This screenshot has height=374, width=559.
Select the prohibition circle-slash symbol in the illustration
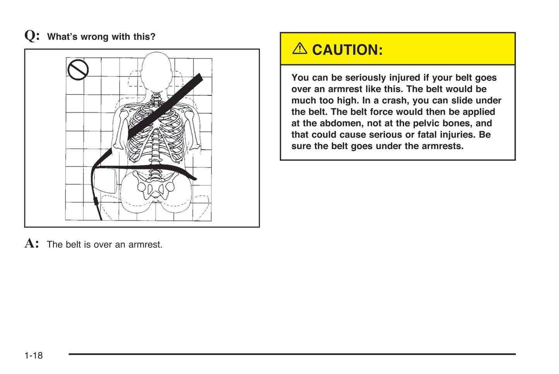tap(78, 70)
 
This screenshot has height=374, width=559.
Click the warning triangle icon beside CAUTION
tap(299, 49)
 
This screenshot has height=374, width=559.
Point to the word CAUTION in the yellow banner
tap(347, 50)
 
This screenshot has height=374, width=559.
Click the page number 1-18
tap(34, 355)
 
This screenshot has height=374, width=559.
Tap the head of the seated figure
tap(156, 72)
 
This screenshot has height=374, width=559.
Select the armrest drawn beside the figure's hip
tap(105, 180)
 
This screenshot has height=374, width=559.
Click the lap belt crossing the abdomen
tap(155, 167)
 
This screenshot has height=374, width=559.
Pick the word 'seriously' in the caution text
tap(365, 78)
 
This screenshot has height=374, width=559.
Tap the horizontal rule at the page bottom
tap(292, 354)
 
